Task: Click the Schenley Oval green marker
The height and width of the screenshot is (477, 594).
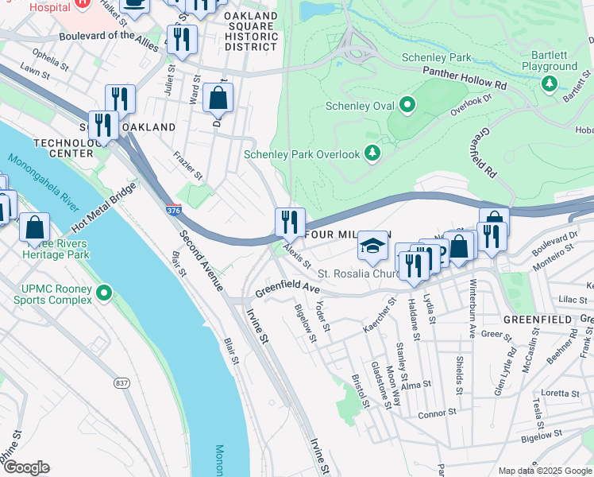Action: tap(407, 105)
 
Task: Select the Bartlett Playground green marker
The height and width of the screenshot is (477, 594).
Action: tap(548, 83)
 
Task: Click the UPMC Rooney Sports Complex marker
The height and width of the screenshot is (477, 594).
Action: tap(103, 294)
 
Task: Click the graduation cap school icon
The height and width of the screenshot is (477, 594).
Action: tap(372, 245)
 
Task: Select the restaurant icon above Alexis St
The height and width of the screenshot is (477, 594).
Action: tap(290, 221)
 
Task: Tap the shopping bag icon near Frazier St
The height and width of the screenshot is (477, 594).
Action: tap(218, 99)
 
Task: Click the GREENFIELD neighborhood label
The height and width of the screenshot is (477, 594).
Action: tap(538, 320)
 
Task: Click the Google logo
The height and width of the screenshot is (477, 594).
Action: tap(26, 467)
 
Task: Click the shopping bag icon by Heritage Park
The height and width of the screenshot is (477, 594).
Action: tap(34, 227)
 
